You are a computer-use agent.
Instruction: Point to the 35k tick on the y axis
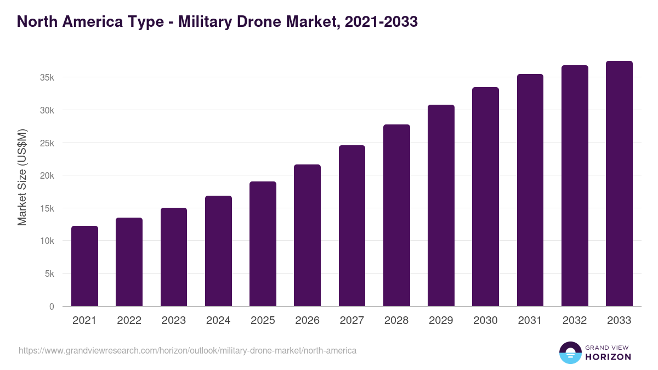(47, 77)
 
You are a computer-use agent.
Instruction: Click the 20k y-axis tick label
(47, 175)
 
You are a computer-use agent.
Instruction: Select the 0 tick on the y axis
(52, 306)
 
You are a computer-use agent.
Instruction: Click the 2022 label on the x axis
(129, 321)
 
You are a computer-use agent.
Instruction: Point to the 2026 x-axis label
(307, 321)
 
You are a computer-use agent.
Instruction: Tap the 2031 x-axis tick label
(530, 321)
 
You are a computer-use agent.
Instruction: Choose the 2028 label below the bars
(396, 321)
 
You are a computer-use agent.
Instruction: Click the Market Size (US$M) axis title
(22, 177)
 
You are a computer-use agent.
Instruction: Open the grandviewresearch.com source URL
(188, 350)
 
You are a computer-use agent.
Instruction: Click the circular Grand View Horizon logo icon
(570, 352)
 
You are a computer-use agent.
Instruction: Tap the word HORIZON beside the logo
(608, 357)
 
